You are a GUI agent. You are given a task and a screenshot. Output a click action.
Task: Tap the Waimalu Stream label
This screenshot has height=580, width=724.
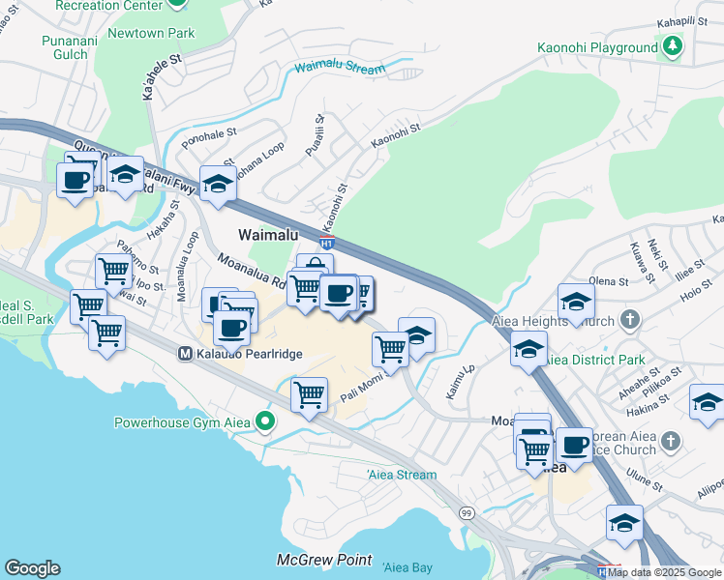point(340,68)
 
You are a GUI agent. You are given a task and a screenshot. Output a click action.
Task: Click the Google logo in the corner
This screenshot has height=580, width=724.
point(32,568)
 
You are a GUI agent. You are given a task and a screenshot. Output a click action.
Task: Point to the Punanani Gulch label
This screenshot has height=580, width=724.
point(65,47)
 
